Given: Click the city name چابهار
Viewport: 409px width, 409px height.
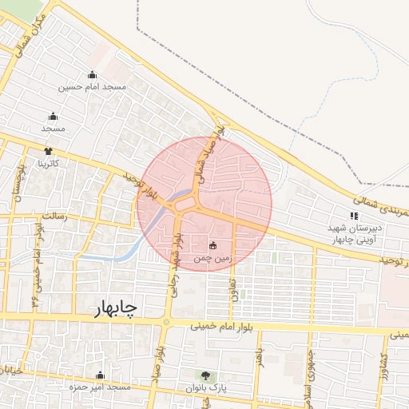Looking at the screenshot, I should [x=105, y=308].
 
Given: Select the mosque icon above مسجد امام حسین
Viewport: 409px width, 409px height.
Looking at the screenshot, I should [x=91, y=74].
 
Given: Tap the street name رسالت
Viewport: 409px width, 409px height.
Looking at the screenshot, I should [x=54, y=216].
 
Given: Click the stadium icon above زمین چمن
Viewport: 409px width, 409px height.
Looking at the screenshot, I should [x=213, y=246].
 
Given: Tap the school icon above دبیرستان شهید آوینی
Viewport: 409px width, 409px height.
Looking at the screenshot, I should [x=355, y=215].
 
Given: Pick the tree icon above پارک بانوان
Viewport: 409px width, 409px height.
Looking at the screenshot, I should [x=206, y=375].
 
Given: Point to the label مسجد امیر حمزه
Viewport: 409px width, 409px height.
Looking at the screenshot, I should [x=100, y=387].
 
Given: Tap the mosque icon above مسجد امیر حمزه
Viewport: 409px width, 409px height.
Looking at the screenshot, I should [x=100, y=375].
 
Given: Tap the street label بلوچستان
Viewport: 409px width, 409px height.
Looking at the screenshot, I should [x=16, y=185].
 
